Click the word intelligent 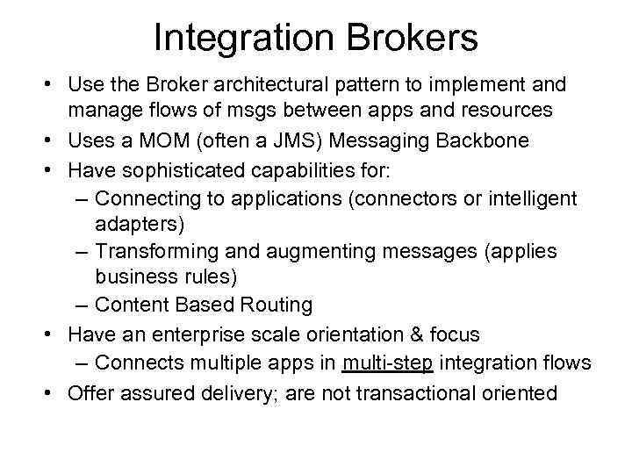[x=532, y=198]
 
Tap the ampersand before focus [x=416, y=334]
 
